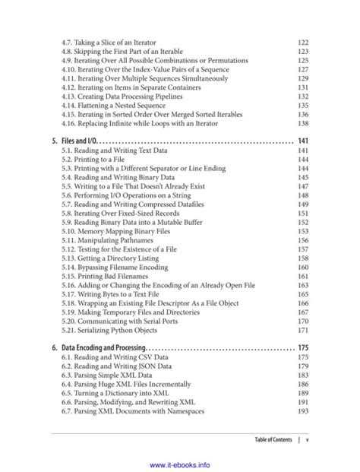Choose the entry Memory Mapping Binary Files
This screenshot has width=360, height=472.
point(117,230)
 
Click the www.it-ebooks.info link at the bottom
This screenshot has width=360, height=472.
point(180,463)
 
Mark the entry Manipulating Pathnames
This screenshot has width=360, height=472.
point(109,239)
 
